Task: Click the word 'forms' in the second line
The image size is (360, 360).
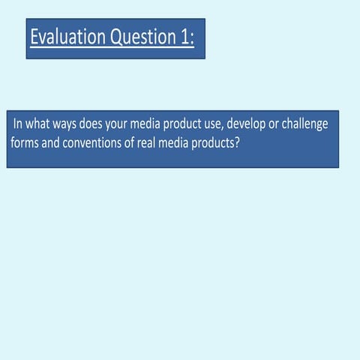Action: (x=25, y=141)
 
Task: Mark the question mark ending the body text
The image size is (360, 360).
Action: (x=237, y=141)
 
